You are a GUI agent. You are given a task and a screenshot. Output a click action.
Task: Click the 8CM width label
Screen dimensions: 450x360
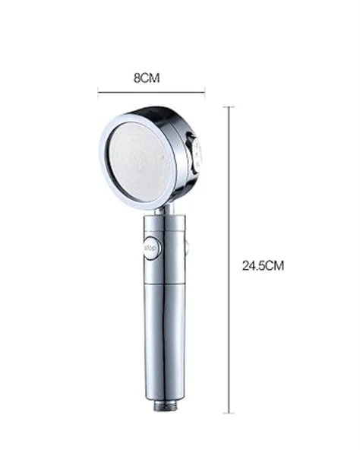150,78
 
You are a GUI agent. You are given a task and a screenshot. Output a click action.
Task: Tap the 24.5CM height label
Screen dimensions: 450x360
263,266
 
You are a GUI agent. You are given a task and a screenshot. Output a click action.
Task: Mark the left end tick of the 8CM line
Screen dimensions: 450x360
99,92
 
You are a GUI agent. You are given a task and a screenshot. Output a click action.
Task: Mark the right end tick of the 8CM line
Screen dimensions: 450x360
205,92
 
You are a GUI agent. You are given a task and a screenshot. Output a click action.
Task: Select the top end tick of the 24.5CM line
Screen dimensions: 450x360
230,107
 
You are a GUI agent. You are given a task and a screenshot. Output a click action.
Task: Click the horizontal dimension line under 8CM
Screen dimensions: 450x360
152,92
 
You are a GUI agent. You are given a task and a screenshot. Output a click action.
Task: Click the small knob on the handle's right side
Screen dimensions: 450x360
187,247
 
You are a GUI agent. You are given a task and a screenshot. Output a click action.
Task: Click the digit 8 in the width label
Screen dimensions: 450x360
137,78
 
